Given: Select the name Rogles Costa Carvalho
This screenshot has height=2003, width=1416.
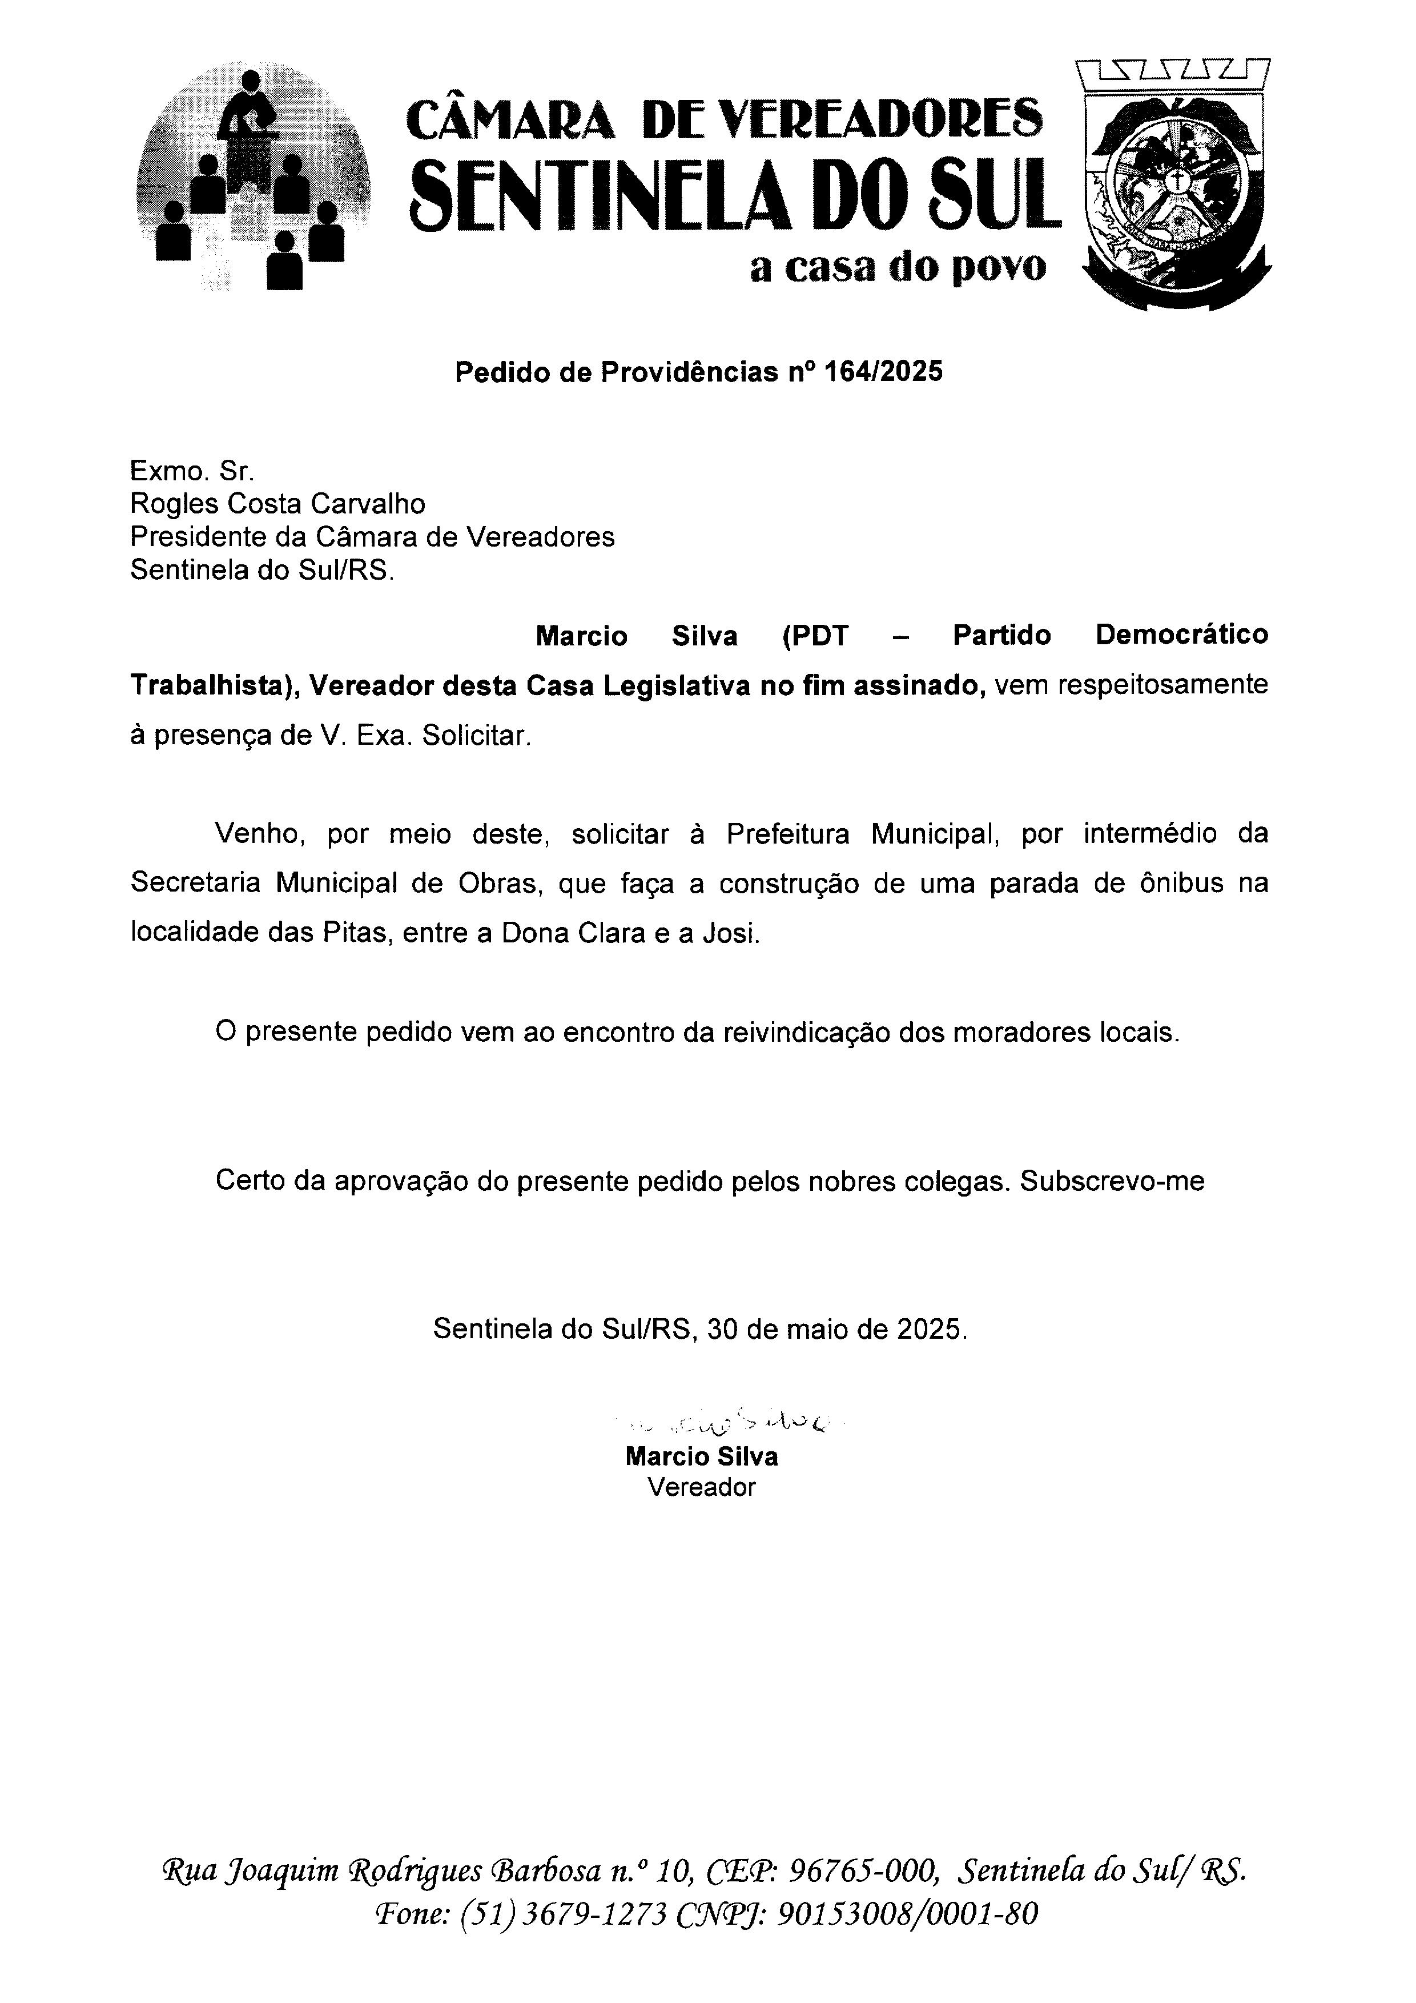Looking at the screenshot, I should click(277, 504).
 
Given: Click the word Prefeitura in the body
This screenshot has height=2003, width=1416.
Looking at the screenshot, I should click(787, 835).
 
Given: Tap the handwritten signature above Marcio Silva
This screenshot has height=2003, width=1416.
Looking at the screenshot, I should click(733, 1424).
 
